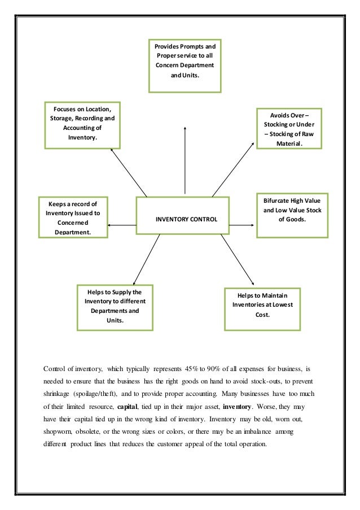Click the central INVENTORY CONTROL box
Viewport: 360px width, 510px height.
coord(182,218)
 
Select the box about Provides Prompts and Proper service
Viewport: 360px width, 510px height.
coord(185,65)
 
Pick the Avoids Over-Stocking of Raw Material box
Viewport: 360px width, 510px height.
coord(289,128)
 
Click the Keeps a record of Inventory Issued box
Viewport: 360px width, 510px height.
coord(73,218)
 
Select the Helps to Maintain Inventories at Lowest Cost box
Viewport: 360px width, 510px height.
coord(262,308)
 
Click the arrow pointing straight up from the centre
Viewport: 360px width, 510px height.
coord(185,158)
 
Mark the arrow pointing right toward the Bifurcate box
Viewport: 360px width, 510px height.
coord(243,226)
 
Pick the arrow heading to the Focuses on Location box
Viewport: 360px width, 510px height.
coord(129,172)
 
